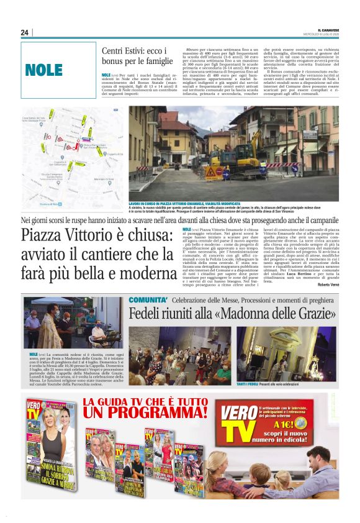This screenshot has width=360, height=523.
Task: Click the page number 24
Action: pos(25,32)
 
